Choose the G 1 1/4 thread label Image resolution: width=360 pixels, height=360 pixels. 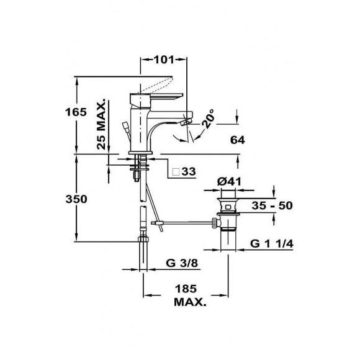pyautogui.click(x=271, y=242)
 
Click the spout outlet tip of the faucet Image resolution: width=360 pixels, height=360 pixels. pyautogui.click(x=184, y=123)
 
